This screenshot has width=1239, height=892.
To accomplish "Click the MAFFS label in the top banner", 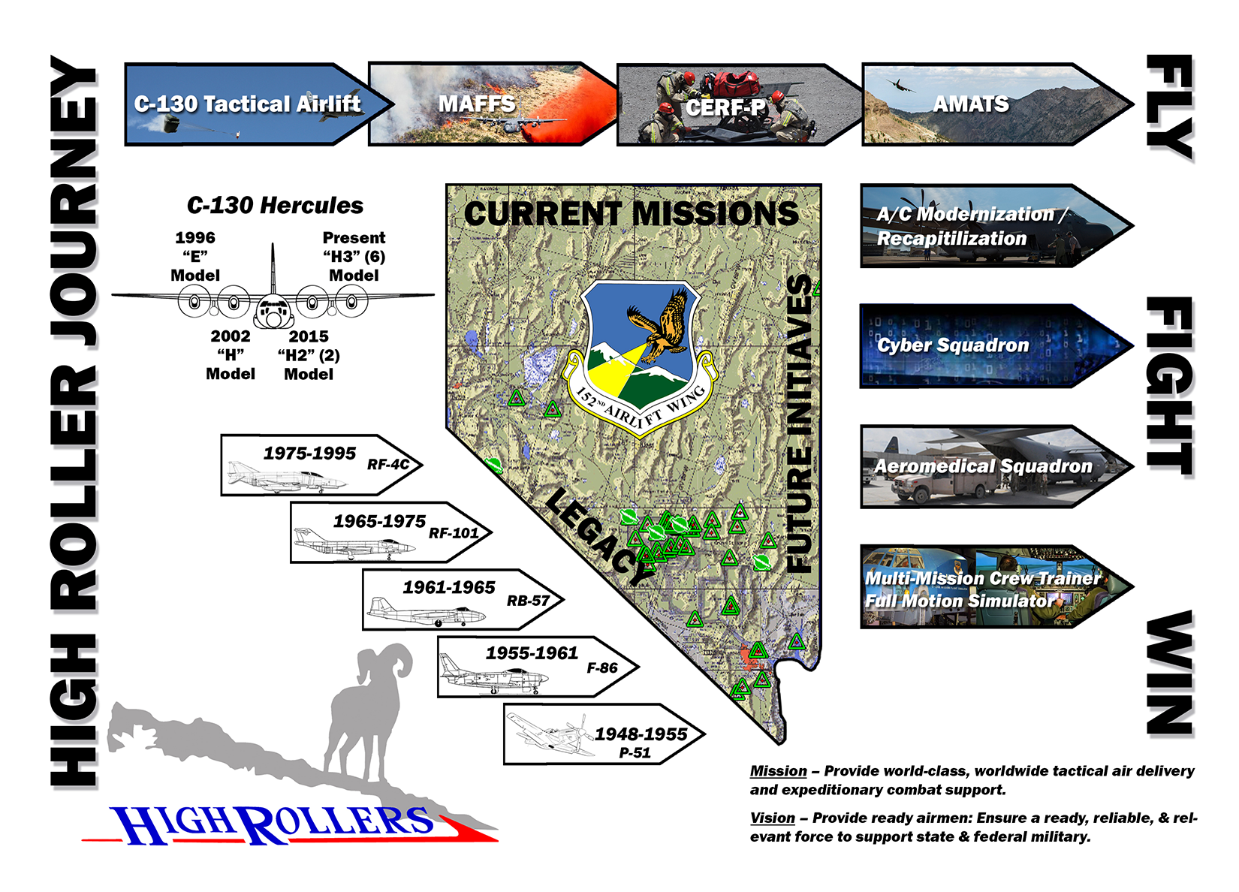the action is click(476, 104).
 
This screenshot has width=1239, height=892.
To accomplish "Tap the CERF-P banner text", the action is click(725, 107).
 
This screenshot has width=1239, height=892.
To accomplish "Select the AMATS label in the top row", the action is click(971, 104).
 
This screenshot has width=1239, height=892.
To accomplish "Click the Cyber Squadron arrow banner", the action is click(996, 346).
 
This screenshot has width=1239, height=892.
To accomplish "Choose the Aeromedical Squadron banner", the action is click(996, 467).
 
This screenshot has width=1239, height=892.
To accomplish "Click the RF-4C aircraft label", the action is click(387, 465).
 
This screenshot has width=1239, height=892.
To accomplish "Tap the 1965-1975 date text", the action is click(379, 521).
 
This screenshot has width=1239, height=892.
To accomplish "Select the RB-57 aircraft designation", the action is click(528, 601).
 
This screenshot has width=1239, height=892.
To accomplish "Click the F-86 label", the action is click(601, 668).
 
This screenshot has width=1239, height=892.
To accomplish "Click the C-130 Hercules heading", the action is click(275, 205).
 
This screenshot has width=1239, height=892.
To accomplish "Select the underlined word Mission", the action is click(778, 771).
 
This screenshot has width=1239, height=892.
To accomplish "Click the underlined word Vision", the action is click(772, 818).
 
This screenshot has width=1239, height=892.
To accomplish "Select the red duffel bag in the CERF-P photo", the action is click(737, 82).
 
